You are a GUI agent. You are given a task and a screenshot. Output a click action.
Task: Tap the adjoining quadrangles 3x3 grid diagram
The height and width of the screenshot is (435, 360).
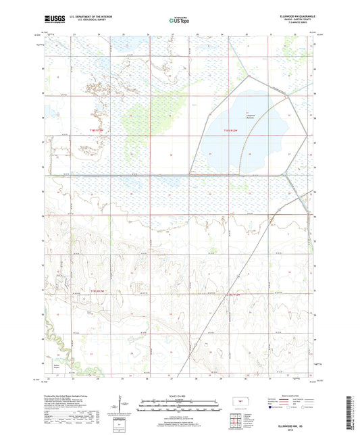coord(237,421)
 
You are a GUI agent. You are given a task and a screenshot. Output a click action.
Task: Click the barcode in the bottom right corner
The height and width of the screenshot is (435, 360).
coord(351,413)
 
